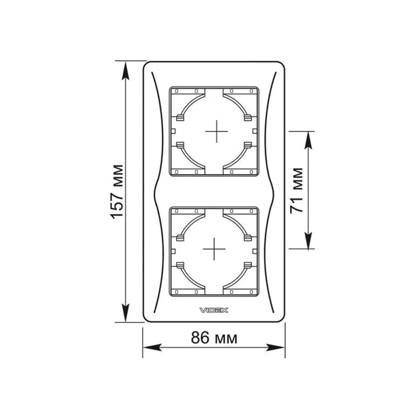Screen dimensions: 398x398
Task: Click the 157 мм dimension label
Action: click(x=117, y=192)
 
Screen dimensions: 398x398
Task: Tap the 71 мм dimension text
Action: click(x=296, y=190)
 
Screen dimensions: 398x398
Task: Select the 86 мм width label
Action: click(x=214, y=338)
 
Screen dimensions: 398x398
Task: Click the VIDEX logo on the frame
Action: click(x=214, y=310)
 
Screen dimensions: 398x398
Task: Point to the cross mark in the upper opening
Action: click(x=217, y=131)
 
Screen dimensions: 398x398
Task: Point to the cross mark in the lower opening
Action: click(x=214, y=249)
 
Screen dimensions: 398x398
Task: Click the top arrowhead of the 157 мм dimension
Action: click(x=126, y=71)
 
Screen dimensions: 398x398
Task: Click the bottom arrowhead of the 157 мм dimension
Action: click(x=126, y=313)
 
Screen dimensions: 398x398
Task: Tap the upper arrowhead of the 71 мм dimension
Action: click(x=308, y=140)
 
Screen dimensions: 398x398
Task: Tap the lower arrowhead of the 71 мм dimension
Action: click(x=308, y=240)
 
